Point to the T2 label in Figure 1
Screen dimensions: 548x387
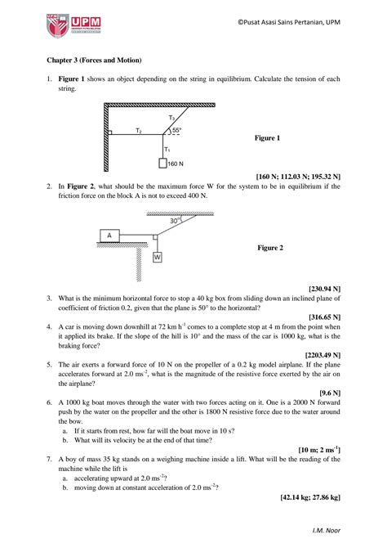point(139,130)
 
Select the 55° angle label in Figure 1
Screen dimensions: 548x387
point(176,130)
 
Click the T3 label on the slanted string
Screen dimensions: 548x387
point(171,119)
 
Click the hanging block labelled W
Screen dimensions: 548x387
point(157,256)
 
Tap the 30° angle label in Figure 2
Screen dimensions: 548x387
point(175,220)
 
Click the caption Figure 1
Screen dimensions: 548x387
point(268,138)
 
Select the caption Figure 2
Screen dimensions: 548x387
point(270,247)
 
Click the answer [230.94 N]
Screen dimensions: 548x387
point(324,289)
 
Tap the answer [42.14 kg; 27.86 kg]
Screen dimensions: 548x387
point(309,496)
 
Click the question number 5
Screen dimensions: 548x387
point(50,370)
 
